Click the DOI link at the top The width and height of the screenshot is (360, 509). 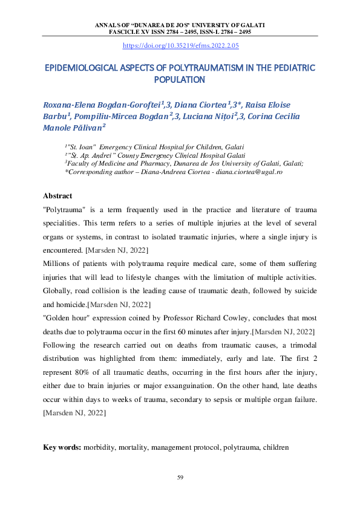pyautogui.click(x=181, y=45)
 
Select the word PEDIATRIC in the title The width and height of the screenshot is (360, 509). pyautogui.click(x=290, y=67)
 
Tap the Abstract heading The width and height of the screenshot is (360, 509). pyautogui.click(x=57, y=196)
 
